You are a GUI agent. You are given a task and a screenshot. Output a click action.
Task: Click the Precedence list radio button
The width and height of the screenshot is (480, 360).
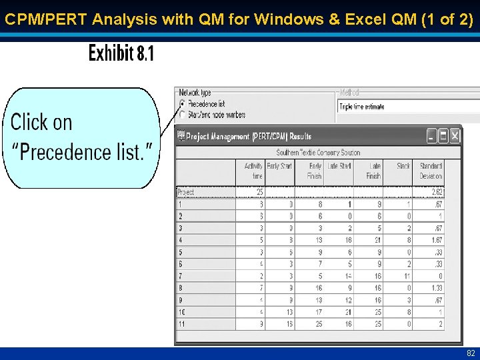coord(183,104)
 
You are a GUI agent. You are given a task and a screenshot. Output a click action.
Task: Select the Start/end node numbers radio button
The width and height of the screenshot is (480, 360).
coord(183,115)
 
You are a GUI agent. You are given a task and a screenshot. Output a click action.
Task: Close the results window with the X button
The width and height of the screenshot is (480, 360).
coord(455,136)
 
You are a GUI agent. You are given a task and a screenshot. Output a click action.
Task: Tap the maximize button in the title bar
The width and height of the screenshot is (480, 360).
coord(443,136)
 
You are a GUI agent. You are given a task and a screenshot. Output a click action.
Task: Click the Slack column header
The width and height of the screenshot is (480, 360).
coord(403,166)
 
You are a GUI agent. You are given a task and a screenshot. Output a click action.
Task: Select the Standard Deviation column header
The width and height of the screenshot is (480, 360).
coord(430,171)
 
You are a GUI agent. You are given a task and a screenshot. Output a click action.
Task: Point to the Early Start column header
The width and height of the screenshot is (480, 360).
coord(279,166)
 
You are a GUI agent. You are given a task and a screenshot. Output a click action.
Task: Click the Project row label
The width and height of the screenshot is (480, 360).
coord(186,192)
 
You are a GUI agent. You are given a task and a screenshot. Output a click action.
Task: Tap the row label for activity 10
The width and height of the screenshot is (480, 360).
coord(182,312)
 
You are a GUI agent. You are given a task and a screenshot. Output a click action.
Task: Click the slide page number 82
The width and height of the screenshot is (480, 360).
coord(471,353)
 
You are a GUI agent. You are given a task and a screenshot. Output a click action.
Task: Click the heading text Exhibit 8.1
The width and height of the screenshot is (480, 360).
coord(121,53)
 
